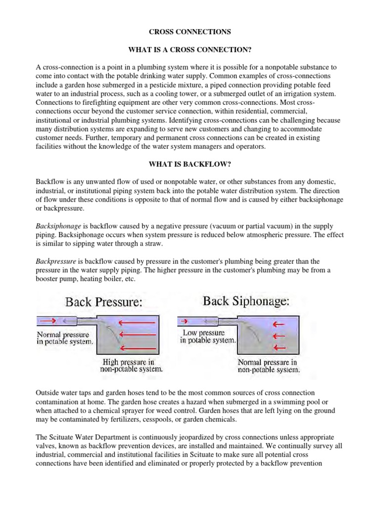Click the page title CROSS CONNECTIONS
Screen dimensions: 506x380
190,32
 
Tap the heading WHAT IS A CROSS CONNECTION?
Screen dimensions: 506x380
190,49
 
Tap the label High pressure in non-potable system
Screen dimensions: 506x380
131,365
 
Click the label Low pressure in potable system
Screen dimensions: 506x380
207,337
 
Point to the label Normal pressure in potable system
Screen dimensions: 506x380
65,337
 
